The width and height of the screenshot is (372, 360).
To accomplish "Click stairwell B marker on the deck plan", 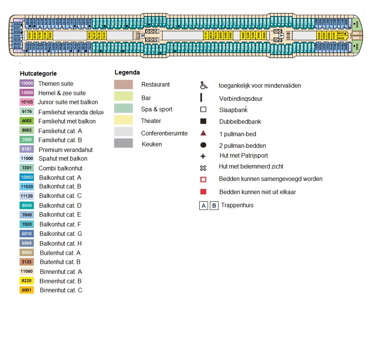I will (x=142, y=35).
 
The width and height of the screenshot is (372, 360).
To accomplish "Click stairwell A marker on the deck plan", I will (x=281, y=35).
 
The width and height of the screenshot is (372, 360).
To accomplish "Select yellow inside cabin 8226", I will (x=30, y=35).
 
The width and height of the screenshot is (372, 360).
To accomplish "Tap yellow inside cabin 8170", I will (x=104, y=35).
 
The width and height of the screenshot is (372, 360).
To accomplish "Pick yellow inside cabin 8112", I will (x=206, y=35).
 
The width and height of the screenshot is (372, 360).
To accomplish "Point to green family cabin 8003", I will (x=357, y=23).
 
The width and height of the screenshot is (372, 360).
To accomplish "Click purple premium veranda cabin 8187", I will (x=17, y=20).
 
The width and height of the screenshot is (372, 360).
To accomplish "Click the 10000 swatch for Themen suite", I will (x=27, y=84).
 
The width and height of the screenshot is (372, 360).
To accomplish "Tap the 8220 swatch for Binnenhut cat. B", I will (x=27, y=281).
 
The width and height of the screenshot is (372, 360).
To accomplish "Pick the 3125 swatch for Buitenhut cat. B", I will (x=27, y=262).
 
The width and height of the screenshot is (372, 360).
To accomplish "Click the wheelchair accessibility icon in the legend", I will (x=203, y=85).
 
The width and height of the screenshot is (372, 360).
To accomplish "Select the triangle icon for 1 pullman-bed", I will (x=203, y=133).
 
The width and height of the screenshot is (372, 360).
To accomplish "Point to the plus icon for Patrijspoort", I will (x=203, y=156).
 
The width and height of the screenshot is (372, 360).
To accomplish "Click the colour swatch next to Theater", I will (x=123, y=120).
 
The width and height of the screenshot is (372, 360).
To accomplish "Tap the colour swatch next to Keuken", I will (x=123, y=143).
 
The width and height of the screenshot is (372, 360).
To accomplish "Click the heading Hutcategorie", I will (x=38, y=74).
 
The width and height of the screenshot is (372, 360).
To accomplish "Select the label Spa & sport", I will (x=156, y=109).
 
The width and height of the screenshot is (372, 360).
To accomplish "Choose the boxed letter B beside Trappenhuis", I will (x=214, y=206).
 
